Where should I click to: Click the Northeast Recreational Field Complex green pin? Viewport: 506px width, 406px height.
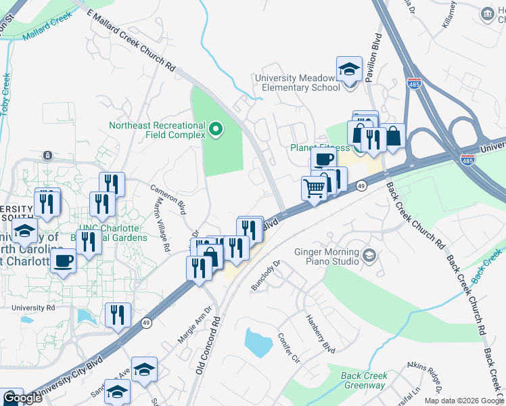click(x=216, y=128)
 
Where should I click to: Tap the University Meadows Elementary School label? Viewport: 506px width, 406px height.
click(x=297, y=83)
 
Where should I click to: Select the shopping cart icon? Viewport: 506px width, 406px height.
click(x=315, y=188)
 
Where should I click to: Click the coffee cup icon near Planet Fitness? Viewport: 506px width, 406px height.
click(x=323, y=160)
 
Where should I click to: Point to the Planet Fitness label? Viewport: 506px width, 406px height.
click(x=320, y=148)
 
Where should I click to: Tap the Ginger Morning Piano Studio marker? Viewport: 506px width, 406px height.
click(x=369, y=256)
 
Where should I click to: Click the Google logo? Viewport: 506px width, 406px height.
click(x=22, y=398)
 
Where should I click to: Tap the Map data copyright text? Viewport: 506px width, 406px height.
click(x=463, y=401)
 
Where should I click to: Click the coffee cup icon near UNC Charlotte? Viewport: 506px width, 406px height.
click(x=64, y=261)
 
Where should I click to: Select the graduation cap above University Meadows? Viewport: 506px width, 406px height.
click(x=349, y=70)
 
